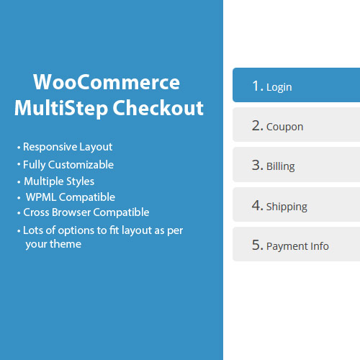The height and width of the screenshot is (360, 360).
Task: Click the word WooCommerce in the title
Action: point(107,81)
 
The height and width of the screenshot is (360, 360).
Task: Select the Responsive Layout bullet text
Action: point(68,147)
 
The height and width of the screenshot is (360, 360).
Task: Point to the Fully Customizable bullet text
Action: point(68,164)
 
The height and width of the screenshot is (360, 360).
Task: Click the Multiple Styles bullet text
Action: point(59,181)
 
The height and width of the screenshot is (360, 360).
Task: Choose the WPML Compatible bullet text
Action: point(70,197)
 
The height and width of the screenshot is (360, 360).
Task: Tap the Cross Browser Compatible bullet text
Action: point(86,212)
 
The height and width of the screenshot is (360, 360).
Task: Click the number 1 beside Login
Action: point(256,86)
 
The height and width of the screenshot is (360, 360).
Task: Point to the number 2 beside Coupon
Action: point(257,125)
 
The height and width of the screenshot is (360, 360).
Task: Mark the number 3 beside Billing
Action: point(257,165)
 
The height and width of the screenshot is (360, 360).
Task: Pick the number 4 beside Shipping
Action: point(257,205)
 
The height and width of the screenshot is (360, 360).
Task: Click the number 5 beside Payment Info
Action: point(257,245)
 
